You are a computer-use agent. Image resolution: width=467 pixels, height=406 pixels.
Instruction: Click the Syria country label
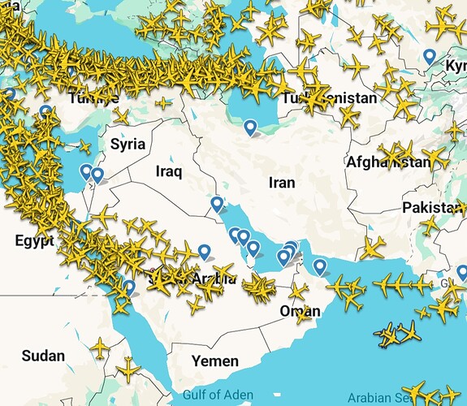click(128, 145)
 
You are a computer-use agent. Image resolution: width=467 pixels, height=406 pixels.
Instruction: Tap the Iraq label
click(169, 171)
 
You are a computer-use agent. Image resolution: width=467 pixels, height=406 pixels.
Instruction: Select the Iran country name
click(281, 184)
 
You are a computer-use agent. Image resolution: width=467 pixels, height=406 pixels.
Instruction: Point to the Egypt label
click(34, 241)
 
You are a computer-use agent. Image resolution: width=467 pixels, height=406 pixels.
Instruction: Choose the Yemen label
click(214, 361)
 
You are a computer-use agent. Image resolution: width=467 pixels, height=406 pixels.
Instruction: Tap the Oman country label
click(300, 311)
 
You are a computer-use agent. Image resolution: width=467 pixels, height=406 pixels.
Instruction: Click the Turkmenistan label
click(329, 98)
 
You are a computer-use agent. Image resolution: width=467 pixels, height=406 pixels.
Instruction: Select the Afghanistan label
click(388, 162)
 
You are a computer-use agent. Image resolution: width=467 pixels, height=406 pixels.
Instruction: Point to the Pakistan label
click(431, 208)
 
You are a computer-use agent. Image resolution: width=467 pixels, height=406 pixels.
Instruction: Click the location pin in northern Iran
click(250, 127)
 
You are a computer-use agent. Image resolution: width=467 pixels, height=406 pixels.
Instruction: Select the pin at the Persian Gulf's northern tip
click(216, 204)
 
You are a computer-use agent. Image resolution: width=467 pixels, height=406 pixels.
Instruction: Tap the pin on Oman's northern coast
click(320, 265)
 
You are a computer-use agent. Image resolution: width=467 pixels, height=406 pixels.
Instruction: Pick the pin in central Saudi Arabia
click(204, 251)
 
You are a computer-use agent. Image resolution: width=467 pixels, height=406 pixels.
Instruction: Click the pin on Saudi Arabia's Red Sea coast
click(128, 287)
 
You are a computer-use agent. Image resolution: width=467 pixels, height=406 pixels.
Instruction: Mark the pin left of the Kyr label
click(430, 56)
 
